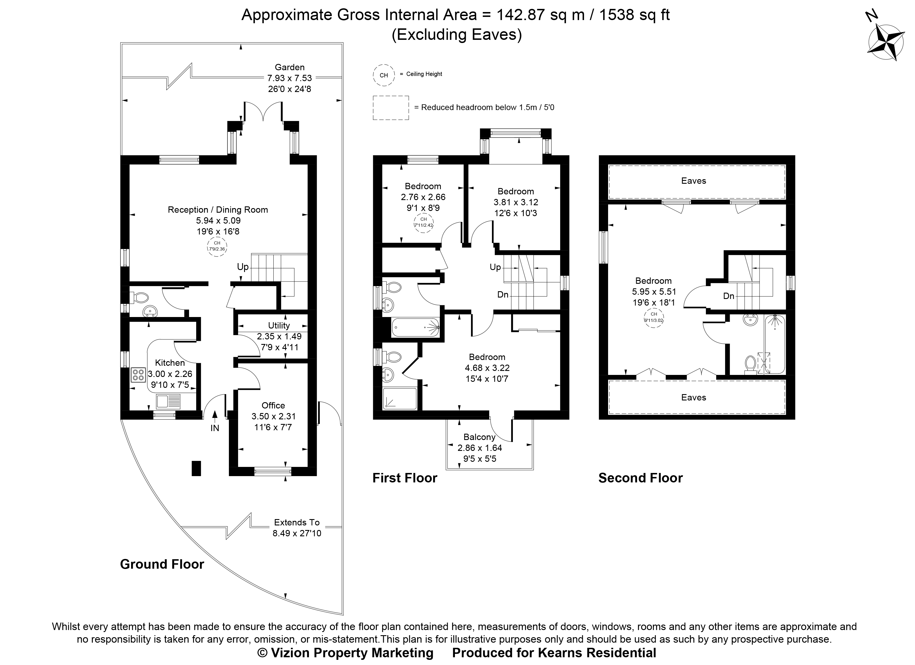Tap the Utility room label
coord(279,325)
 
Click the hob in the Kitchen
coord(138,375)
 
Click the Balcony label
coord(479,437)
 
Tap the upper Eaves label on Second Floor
coord(694,181)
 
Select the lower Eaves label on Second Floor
coord(694,397)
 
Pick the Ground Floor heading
coord(162,564)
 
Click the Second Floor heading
coord(640,478)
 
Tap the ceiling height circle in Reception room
coord(217,246)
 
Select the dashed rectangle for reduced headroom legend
coord(391,108)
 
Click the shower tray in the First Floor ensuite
coord(399,398)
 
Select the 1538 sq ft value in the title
coord(634,15)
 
